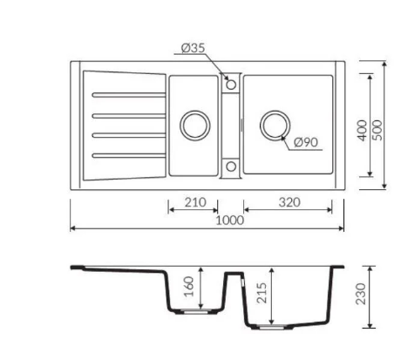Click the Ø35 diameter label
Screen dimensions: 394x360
click(x=194, y=48)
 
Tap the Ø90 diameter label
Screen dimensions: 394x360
click(x=306, y=142)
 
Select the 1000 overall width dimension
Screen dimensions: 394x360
click(x=230, y=221)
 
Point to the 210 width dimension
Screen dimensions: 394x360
click(x=195, y=202)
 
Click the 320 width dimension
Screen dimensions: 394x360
click(x=289, y=202)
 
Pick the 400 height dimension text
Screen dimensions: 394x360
click(x=362, y=131)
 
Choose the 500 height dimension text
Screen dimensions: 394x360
click(x=377, y=131)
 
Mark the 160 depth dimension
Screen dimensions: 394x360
click(x=189, y=287)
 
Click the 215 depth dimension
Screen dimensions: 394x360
click(x=262, y=293)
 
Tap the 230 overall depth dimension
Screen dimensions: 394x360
click(x=361, y=294)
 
